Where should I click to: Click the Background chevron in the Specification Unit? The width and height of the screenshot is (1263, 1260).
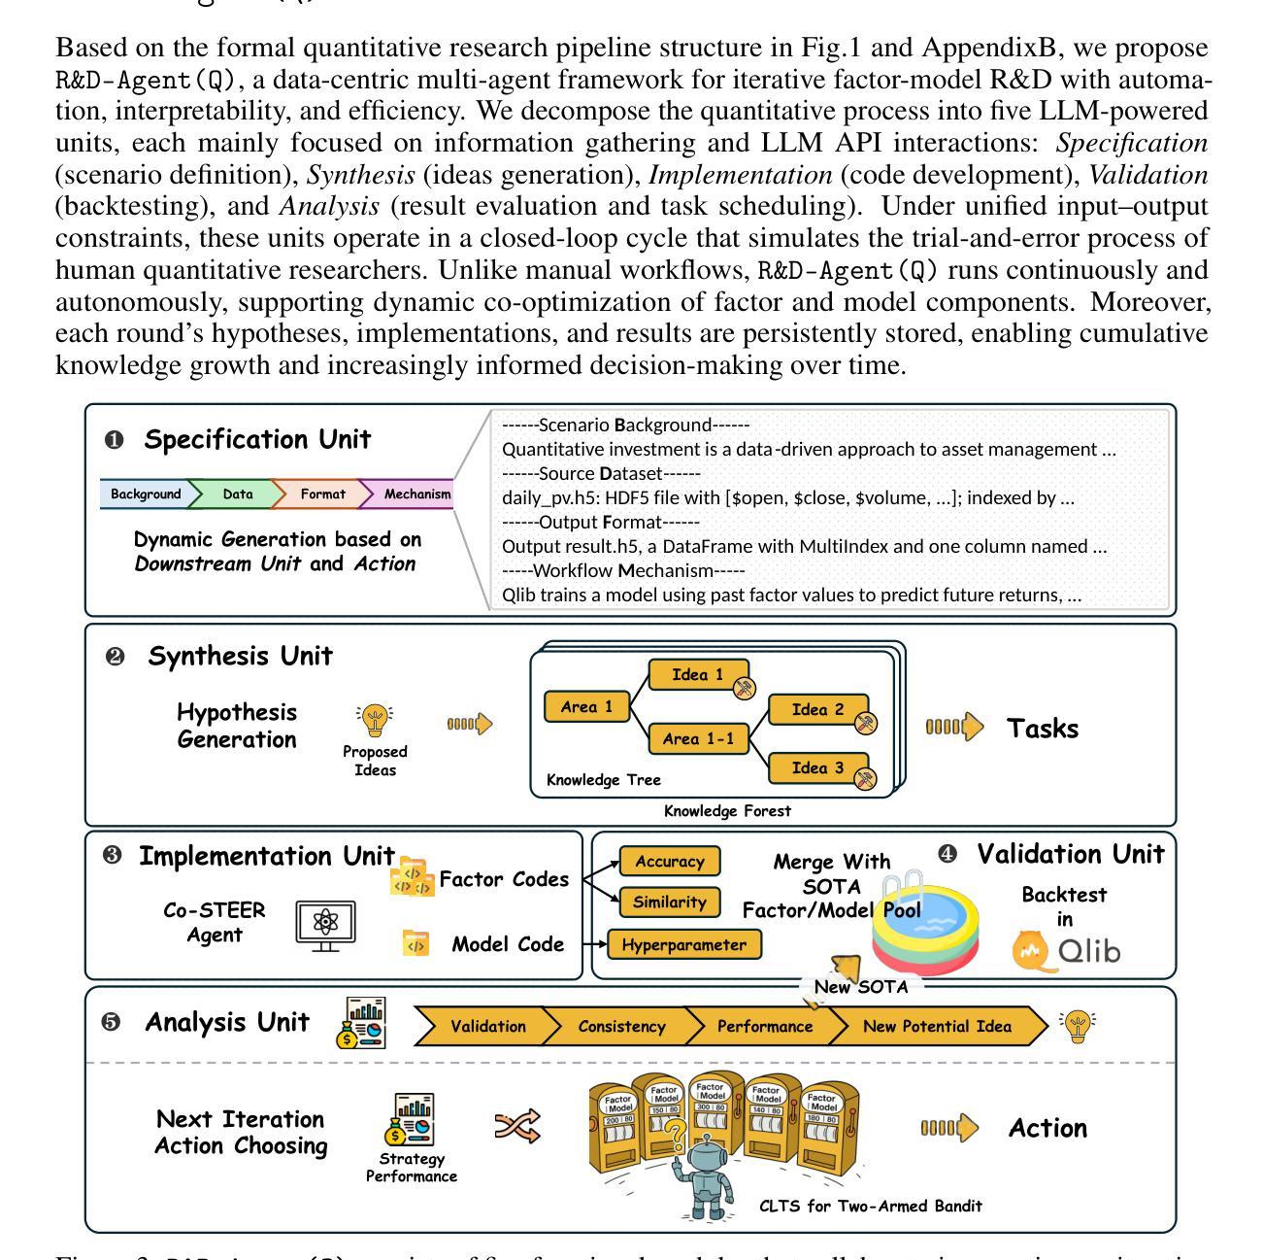(x=146, y=494)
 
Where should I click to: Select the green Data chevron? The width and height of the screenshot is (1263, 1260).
(x=237, y=494)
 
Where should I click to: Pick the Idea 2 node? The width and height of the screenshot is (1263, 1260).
(x=817, y=710)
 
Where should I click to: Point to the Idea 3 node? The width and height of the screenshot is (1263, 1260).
(x=817, y=768)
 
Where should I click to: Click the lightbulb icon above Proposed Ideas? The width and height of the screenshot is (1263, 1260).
(x=374, y=721)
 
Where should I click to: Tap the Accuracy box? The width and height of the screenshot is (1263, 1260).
(x=669, y=862)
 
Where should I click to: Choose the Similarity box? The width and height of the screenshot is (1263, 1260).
(x=669, y=902)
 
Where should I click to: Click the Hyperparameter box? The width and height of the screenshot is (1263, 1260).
(x=683, y=944)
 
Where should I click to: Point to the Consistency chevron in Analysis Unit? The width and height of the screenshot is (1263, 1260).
(x=621, y=1027)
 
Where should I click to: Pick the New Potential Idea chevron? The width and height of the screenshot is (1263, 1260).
(x=937, y=1027)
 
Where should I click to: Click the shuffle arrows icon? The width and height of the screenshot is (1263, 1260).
(x=517, y=1127)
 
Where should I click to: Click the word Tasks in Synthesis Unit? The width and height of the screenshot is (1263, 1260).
(x=1043, y=729)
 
